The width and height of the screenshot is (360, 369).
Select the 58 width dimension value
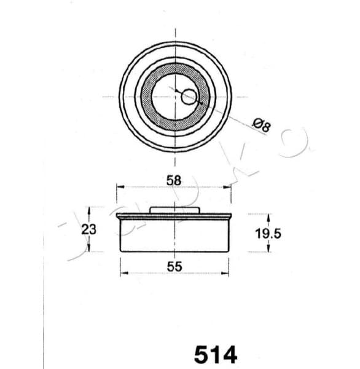coord(174,180)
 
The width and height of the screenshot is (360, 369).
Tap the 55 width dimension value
coord(174,266)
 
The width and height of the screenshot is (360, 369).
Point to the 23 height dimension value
coord(90,229)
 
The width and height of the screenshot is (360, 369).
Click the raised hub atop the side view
coord(175,210)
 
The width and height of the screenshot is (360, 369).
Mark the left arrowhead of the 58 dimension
coord(120,186)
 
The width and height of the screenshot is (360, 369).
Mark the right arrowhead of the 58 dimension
coord(229,186)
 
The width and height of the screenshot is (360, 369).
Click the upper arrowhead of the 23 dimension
coord(90,210)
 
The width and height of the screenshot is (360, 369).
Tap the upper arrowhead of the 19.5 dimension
coord(268,216)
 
